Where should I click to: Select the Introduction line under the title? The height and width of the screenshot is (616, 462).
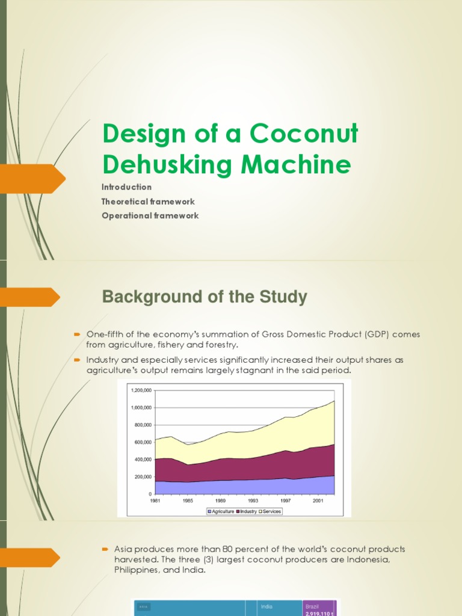click(126, 187)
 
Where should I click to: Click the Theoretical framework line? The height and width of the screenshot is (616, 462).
click(148, 202)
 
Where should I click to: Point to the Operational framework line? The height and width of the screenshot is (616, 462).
click(150, 215)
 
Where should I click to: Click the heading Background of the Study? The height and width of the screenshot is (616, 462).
click(205, 297)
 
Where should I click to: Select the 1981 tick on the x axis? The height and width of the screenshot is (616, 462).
click(155, 500)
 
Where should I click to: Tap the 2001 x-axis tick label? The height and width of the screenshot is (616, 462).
click(317, 500)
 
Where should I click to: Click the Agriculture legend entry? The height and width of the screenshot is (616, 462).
click(221, 511)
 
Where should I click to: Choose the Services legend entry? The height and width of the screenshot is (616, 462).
click(270, 511)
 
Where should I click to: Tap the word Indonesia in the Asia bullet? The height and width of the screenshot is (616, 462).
click(362, 559)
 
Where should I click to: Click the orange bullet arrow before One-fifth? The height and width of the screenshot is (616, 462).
click(77, 333)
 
